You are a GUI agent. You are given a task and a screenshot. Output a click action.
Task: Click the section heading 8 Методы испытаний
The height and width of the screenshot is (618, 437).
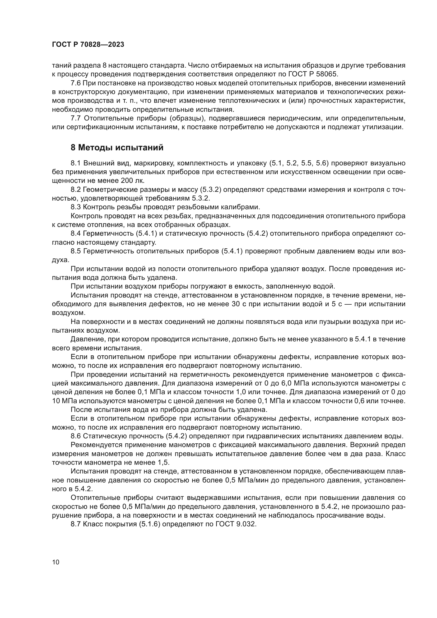click(x=117, y=148)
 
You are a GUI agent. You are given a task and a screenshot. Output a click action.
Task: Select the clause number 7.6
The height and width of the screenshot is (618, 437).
click(x=76, y=83)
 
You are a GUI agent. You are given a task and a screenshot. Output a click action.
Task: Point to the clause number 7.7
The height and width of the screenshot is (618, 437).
click(x=76, y=118)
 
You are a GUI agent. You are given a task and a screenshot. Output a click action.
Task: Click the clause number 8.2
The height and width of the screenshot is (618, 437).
click(x=76, y=190)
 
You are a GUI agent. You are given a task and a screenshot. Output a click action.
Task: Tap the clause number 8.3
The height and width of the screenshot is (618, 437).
click(x=76, y=207)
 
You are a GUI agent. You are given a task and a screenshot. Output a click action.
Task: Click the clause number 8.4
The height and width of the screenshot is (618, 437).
click(x=76, y=234)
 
